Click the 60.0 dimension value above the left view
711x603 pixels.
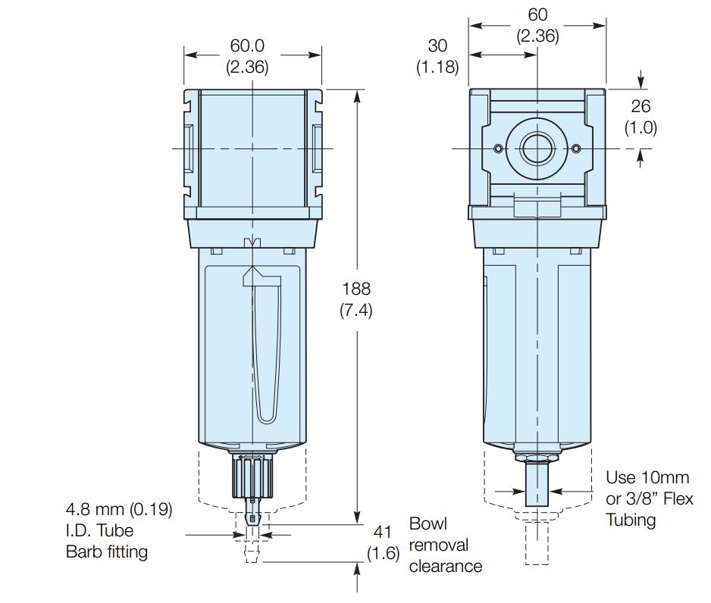[247, 45]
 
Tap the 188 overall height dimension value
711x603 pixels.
[356, 289]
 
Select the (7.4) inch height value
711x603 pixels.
[356, 311]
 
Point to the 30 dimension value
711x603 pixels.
[437, 45]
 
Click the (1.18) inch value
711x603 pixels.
[437, 67]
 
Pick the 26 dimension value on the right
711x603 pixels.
[641, 106]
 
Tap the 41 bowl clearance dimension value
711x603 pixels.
[382, 532]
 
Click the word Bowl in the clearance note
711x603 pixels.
[428, 523]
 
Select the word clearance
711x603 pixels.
[446, 567]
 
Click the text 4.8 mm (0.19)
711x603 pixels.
[119, 509]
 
